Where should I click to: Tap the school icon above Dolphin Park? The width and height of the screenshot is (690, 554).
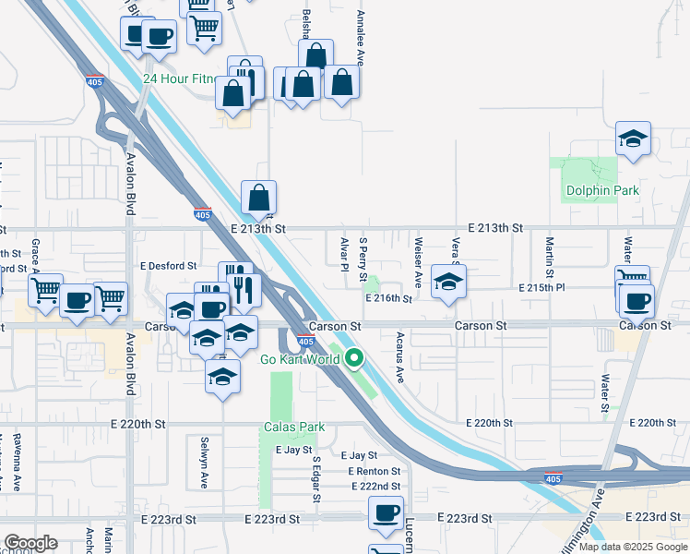pos(633,140)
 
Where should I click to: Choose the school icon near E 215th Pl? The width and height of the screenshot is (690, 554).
pos(448,283)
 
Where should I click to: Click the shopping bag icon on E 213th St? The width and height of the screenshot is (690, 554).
pos(259,197)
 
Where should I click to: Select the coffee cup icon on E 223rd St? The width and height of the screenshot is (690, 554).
pos(386,512)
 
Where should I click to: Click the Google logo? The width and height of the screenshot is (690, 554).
pos(30,543)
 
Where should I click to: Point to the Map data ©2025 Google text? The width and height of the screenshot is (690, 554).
pos(634,548)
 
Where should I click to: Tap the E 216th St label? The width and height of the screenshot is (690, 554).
pos(387,298)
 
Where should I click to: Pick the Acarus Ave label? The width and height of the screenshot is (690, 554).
pos(400,357)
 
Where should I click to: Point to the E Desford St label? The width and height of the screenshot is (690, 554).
pos(169,265)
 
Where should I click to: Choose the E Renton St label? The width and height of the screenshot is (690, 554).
pos(375,471)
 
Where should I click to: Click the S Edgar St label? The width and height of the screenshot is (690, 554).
pos(315,479)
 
